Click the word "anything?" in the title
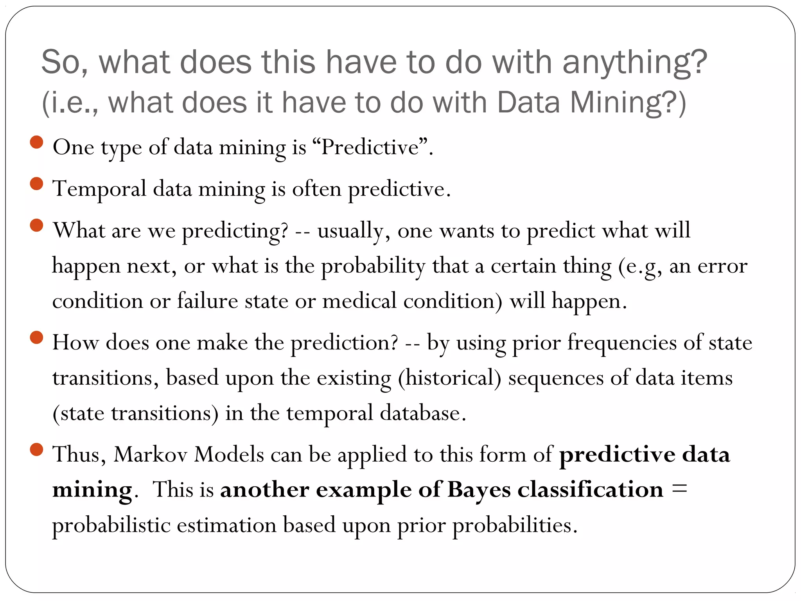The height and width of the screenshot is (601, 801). [635, 63]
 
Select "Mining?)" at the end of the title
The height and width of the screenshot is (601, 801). [628, 103]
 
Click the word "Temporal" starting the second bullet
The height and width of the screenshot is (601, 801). [99, 189]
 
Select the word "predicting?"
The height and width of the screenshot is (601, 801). [235, 231]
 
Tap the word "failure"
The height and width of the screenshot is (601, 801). [207, 301]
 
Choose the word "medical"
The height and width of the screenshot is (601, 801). [359, 301]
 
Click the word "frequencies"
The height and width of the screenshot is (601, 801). [622, 343]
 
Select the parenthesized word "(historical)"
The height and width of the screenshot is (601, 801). [449, 378]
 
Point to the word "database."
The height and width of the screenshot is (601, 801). [423, 413]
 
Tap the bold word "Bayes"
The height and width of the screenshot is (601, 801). [479, 490]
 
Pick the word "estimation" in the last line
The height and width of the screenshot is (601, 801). [226, 525]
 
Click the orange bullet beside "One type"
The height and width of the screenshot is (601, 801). [36, 142]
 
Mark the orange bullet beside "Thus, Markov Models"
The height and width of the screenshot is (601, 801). [36, 450]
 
